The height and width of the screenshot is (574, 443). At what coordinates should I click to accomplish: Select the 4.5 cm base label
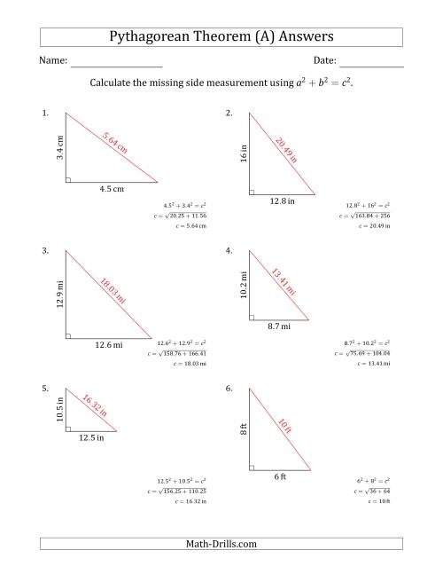point(112,188)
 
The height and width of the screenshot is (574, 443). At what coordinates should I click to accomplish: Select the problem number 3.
point(45,251)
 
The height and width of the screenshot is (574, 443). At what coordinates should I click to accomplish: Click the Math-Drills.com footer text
point(221,544)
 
